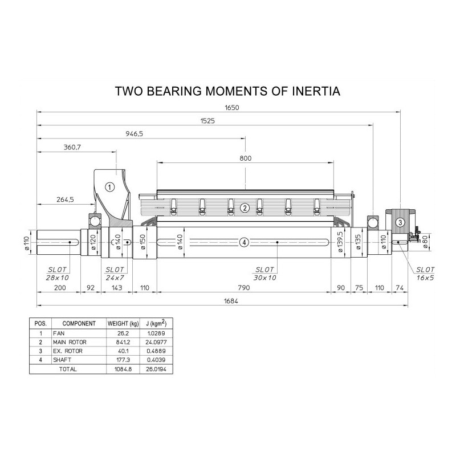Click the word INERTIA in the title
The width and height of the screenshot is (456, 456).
pyautogui.click(x=316, y=91)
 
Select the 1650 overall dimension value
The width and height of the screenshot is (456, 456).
pyautogui.click(x=232, y=108)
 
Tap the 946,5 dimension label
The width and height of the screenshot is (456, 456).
pyautogui.click(x=135, y=134)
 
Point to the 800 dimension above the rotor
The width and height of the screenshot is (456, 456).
pyautogui.click(x=246, y=158)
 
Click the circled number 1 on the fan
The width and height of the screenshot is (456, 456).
pyautogui.click(x=109, y=187)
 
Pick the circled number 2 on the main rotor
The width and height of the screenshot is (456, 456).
pyautogui.click(x=245, y=208)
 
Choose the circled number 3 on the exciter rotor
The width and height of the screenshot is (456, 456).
pyautogui.click(x=401, y=222)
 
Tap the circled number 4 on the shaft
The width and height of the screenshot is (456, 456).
pyautogui.click(x=245, y=242)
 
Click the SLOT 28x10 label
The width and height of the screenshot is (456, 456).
pyautogui.click(x=58, y=274)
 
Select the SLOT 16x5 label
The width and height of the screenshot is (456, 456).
pyautogui.click(x=425, y=274)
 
